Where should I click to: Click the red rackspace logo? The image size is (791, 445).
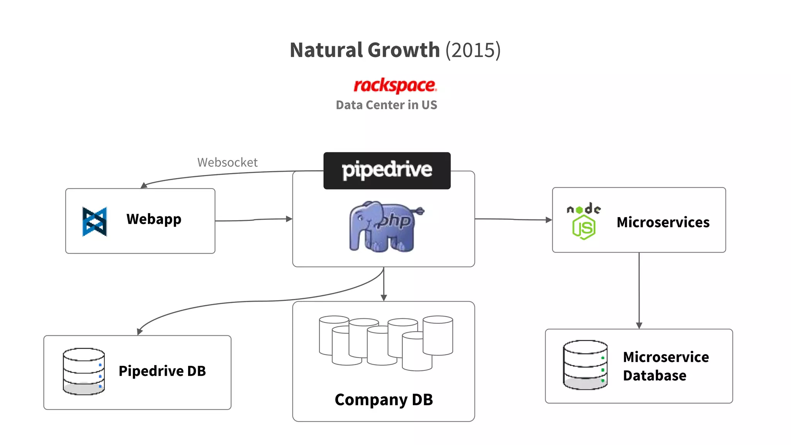click(x=395, y=85)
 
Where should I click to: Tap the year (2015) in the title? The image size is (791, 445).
click(x=473, y=50)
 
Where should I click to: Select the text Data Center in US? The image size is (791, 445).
click(x=386, y=105)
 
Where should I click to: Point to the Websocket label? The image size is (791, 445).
click(x=227, y=162)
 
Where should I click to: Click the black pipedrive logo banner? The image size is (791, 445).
click(x=387, y=170)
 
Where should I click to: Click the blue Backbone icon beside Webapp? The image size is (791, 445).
click(x=95, y=221)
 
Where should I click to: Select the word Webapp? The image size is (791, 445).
click(x=154, y=219)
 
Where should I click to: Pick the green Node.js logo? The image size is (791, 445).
click(x=584, y=221)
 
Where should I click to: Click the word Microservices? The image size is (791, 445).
click(x=663, y=222)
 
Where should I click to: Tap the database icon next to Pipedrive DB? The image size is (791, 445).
click(x=84, y=371)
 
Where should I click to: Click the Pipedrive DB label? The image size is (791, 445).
click(x=162, y=371)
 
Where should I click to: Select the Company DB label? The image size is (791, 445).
click(x=384, y=400)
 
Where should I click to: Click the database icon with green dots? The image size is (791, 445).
click(x=585, y=365)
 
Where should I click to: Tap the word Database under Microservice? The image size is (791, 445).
click(x=654, y=375)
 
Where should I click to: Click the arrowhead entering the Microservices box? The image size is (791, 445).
click(x=548, y=220)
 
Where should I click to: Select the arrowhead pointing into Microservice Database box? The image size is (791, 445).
click(x=639, y=325)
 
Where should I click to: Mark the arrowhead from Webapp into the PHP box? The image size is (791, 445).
click(x=289, y=219)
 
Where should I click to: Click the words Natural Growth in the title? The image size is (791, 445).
click(x=365, y=50)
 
